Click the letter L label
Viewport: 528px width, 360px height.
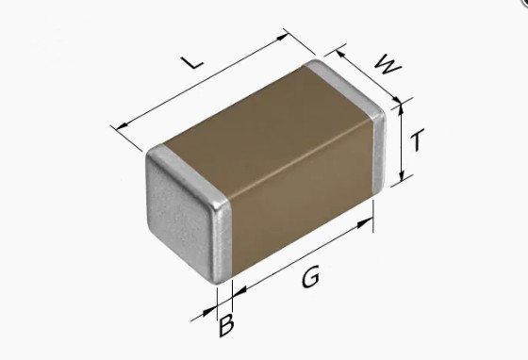pyautogui.click(x=191, y=62)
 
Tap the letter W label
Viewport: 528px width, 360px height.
pyautogui.click(x=385, y=64)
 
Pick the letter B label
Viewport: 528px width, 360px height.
pyautogui.click(x=226, y=327)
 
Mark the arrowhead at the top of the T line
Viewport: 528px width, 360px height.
pyautogui.click(x=404, y=106)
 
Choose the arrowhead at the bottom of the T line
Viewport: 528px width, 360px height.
pyautogui.click(x=404, y=178)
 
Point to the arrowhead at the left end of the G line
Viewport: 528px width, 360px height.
pyautogui.click(x=234, y=290)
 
